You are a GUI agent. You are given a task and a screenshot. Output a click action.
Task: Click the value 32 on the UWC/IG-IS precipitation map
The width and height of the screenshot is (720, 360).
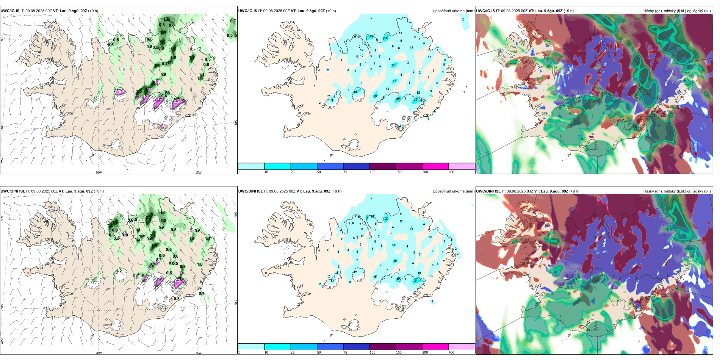(398, 99)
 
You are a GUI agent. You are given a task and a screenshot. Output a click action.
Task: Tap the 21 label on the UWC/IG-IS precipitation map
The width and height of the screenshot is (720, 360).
(393, 65)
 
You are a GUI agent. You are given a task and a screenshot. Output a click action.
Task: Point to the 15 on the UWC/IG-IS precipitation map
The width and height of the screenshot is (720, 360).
(371, 37)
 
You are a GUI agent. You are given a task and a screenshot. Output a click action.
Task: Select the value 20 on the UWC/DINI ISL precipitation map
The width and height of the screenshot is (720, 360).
(387, 219)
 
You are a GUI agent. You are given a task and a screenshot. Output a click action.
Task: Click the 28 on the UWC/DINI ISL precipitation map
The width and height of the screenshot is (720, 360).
(398, 279)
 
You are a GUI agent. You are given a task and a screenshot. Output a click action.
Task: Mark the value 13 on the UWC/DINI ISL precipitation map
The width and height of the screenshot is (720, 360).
(332, 280)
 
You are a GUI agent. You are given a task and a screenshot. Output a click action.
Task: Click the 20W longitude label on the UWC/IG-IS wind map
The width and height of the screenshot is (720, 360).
(99, 172)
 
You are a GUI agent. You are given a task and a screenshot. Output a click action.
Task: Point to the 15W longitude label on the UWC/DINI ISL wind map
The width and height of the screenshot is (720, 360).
(198, 353)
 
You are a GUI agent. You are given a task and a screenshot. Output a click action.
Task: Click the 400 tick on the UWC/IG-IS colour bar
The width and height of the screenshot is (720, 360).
(451, 172)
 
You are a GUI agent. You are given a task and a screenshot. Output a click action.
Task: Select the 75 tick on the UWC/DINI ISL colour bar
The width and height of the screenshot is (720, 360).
(345, 352)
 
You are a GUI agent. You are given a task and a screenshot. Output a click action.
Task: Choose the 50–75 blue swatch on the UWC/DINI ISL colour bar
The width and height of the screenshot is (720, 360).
(330, 347)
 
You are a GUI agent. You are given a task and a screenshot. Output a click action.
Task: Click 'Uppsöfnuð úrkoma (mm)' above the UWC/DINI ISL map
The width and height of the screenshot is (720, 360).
(453, 191)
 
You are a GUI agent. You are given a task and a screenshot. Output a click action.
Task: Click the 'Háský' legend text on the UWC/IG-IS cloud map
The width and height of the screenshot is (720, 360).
(649, 11)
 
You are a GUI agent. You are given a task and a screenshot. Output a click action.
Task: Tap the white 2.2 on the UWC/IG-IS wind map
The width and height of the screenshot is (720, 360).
(120, 92)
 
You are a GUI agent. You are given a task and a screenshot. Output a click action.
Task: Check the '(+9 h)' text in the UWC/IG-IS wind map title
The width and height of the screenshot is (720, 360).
(93, 11)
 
